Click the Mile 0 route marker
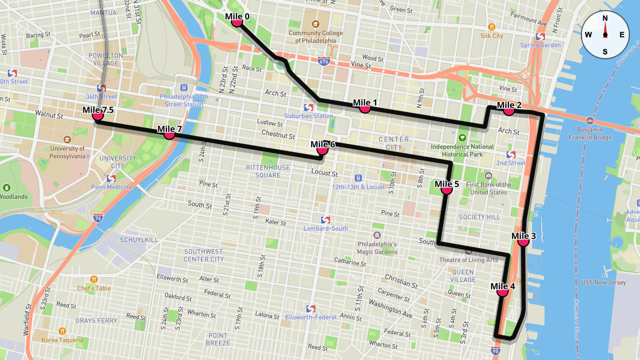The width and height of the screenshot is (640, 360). pos(237,22)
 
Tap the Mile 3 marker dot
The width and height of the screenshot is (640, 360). pos(523,241)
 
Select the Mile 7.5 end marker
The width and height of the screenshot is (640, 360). pos(98,115)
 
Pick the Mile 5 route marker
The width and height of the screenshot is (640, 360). pos(447,189)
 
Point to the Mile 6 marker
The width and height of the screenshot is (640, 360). pos(323,149)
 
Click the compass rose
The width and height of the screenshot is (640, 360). pos(605,35)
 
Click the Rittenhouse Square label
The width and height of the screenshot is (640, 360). pos(268,171)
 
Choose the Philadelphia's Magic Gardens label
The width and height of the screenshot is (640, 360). pos(377,248)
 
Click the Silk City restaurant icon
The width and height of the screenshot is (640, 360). pos(491,27)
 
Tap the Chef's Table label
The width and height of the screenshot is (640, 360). pos(94,289)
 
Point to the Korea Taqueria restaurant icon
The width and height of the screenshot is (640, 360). pos(63,331)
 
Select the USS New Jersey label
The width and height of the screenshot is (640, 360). pos(603,283)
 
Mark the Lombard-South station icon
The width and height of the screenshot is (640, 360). pos(325,220)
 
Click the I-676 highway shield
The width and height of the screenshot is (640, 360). pos(323,62)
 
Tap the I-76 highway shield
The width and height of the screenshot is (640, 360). pos(98,218)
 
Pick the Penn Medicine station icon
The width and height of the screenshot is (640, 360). pos(111,179)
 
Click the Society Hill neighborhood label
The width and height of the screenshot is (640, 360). pos(479,217)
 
